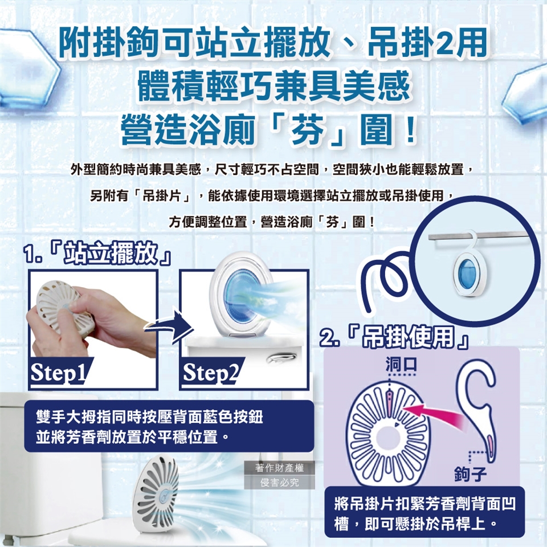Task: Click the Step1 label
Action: pos(58,372)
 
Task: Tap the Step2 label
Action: pos(210,372)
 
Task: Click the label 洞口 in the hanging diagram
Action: pos(401,365)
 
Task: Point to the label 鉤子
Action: pos(470,473)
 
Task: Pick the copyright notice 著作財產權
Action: pos(279,468)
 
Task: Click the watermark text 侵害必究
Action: pos(279,483)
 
